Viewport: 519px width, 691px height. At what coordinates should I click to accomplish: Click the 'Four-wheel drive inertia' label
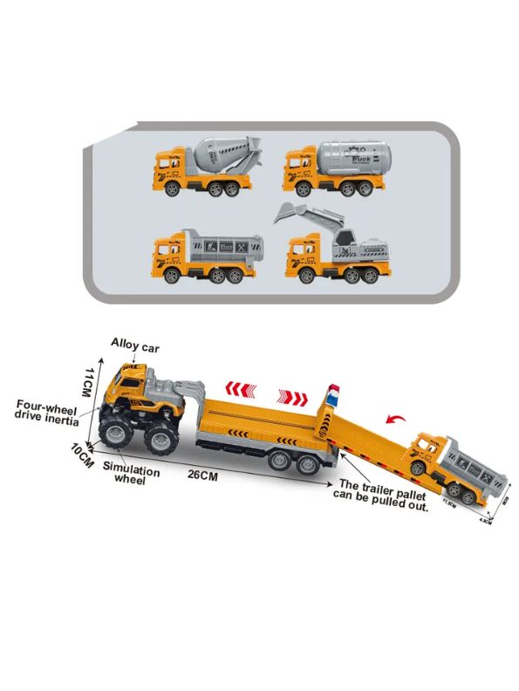[x=48, y=412]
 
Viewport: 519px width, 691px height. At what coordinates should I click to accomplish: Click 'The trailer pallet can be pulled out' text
[x=383, y=495]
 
